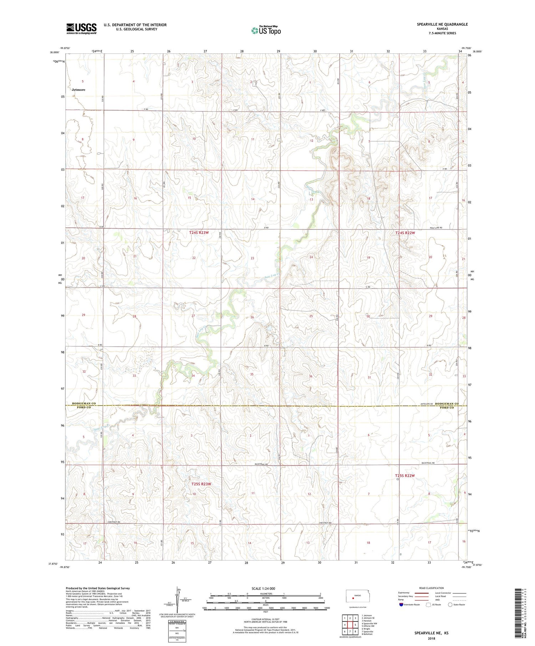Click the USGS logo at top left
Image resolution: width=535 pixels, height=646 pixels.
click(x=81, y=29)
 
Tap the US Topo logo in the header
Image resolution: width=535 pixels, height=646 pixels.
click(x=266, y=31)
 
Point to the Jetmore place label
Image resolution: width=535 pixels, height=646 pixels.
click(x=78, y=90)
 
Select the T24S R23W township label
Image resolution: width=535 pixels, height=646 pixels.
click(x=199, y=233)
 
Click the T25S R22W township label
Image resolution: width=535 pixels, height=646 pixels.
click(x=405, y=476)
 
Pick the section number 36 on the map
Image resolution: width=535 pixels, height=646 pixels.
click(x=311, y=376)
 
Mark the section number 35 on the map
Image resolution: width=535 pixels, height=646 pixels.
click(x=252, y=374)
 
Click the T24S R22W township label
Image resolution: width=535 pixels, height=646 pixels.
click(x=405, y=233)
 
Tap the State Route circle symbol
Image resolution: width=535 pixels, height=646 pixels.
click(x=450, y=604)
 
